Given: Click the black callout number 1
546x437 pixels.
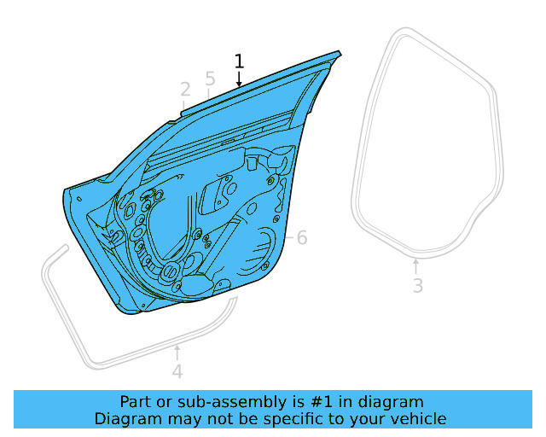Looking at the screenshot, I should [239, 61].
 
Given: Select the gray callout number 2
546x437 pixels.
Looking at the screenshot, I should [185, 90].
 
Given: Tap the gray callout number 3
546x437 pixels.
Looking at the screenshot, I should [417, 286].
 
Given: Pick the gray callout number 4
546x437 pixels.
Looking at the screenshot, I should [177, 372].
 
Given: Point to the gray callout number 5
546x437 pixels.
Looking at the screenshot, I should [210, 79].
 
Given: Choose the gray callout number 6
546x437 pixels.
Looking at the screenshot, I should [301, 238].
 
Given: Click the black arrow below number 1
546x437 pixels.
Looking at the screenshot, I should [239, 79].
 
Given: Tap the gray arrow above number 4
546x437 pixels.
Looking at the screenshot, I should [177, 353].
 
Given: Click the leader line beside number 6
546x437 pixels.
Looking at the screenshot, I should [289, 236].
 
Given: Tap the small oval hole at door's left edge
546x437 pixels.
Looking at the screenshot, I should [79, 201].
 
